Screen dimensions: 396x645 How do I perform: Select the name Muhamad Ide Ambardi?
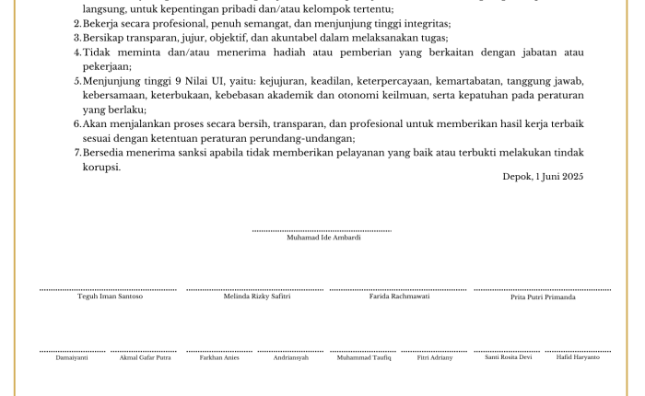tap(323, 238)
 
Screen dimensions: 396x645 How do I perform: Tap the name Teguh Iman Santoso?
tap(110, 297)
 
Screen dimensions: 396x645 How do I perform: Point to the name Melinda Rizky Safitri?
tap(257, 297)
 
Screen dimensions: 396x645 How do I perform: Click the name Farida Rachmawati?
tap(399, 297)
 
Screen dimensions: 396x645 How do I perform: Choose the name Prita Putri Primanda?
tap(543, 297)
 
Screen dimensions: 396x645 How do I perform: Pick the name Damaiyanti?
tap(72, 357)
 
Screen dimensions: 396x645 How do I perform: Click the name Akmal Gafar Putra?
tap(145, 357)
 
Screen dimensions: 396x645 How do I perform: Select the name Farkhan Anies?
tap(219, 357)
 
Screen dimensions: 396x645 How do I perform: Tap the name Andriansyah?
tap(291, 357)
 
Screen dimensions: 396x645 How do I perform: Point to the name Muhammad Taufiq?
tap(364, 357)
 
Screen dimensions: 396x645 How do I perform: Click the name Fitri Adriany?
tap(435, 357)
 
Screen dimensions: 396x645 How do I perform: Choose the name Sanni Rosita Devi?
tap(508, 357)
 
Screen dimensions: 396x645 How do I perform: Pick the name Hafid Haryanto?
tap(578, 357)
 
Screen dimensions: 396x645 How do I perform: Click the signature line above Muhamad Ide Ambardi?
tap(322, 230)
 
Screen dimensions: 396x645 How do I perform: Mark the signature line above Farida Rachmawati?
tap(399, 290)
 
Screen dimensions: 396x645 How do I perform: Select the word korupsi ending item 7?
tap(101, 167)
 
